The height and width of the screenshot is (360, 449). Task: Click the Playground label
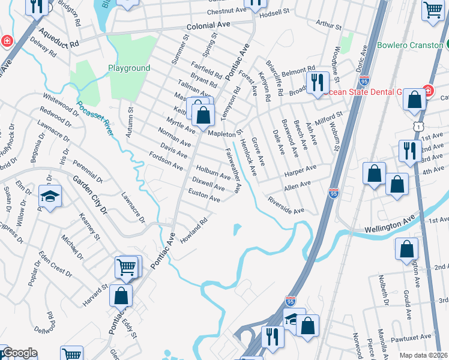coord(129,68)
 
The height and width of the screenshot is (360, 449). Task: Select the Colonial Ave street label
coord(208,26)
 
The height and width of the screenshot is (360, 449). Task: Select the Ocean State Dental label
coord(367,92)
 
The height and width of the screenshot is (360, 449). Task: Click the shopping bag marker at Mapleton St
coord(203,115)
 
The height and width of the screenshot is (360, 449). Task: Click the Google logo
coord(19,353)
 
